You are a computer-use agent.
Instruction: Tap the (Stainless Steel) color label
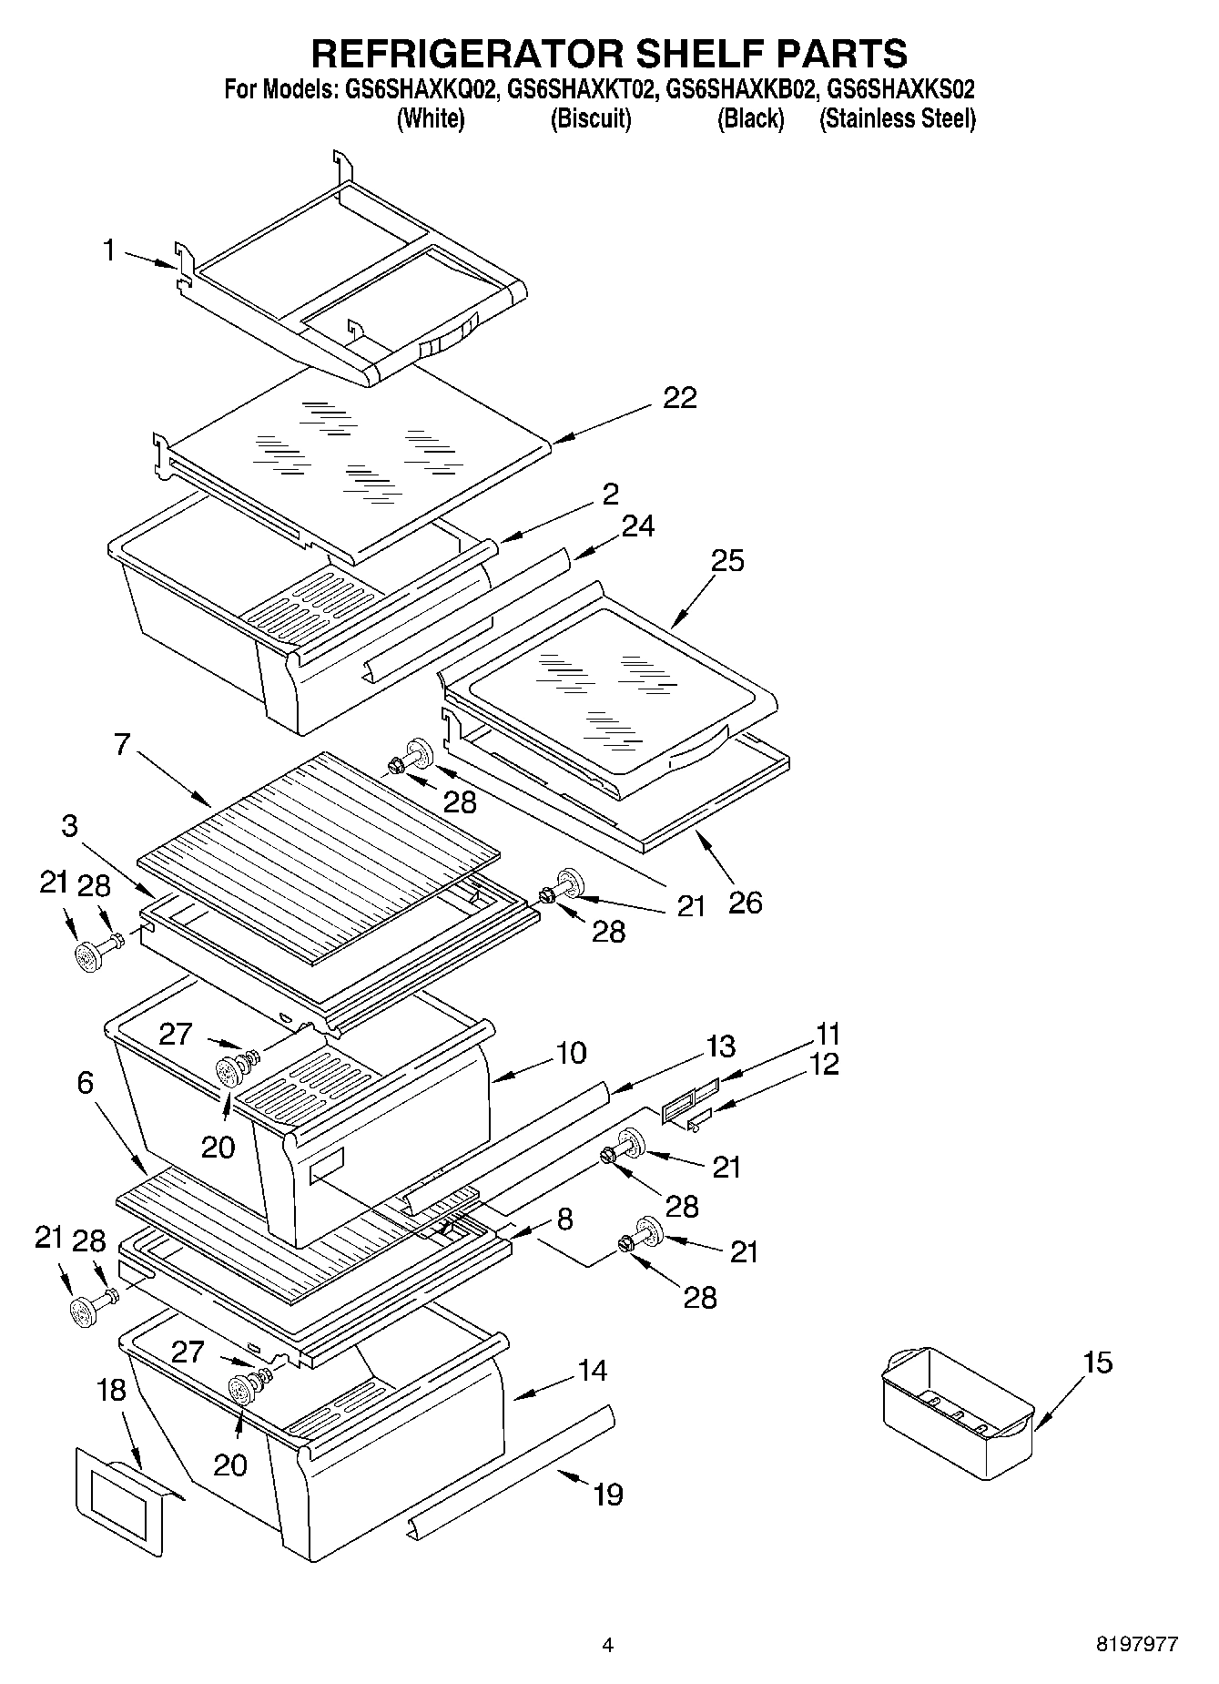(x=897, y=118)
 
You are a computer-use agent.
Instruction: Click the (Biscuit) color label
(x=590, y=118)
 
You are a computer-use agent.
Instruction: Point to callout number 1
(x=109, y=250)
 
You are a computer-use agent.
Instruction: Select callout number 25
(x=727, y=560)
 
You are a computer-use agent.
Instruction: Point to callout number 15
(x=1098, y=1363)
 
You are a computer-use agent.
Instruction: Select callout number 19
(x=608, y=1494)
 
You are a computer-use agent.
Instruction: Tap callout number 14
(x=592, y=1370)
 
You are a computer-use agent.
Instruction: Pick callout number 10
(x=571, y=1053)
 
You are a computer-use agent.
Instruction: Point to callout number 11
(x=828, y=1034)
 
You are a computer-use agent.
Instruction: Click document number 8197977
(x=1137, y=1645)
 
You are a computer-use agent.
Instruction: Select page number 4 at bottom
(x=607, y=1645)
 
